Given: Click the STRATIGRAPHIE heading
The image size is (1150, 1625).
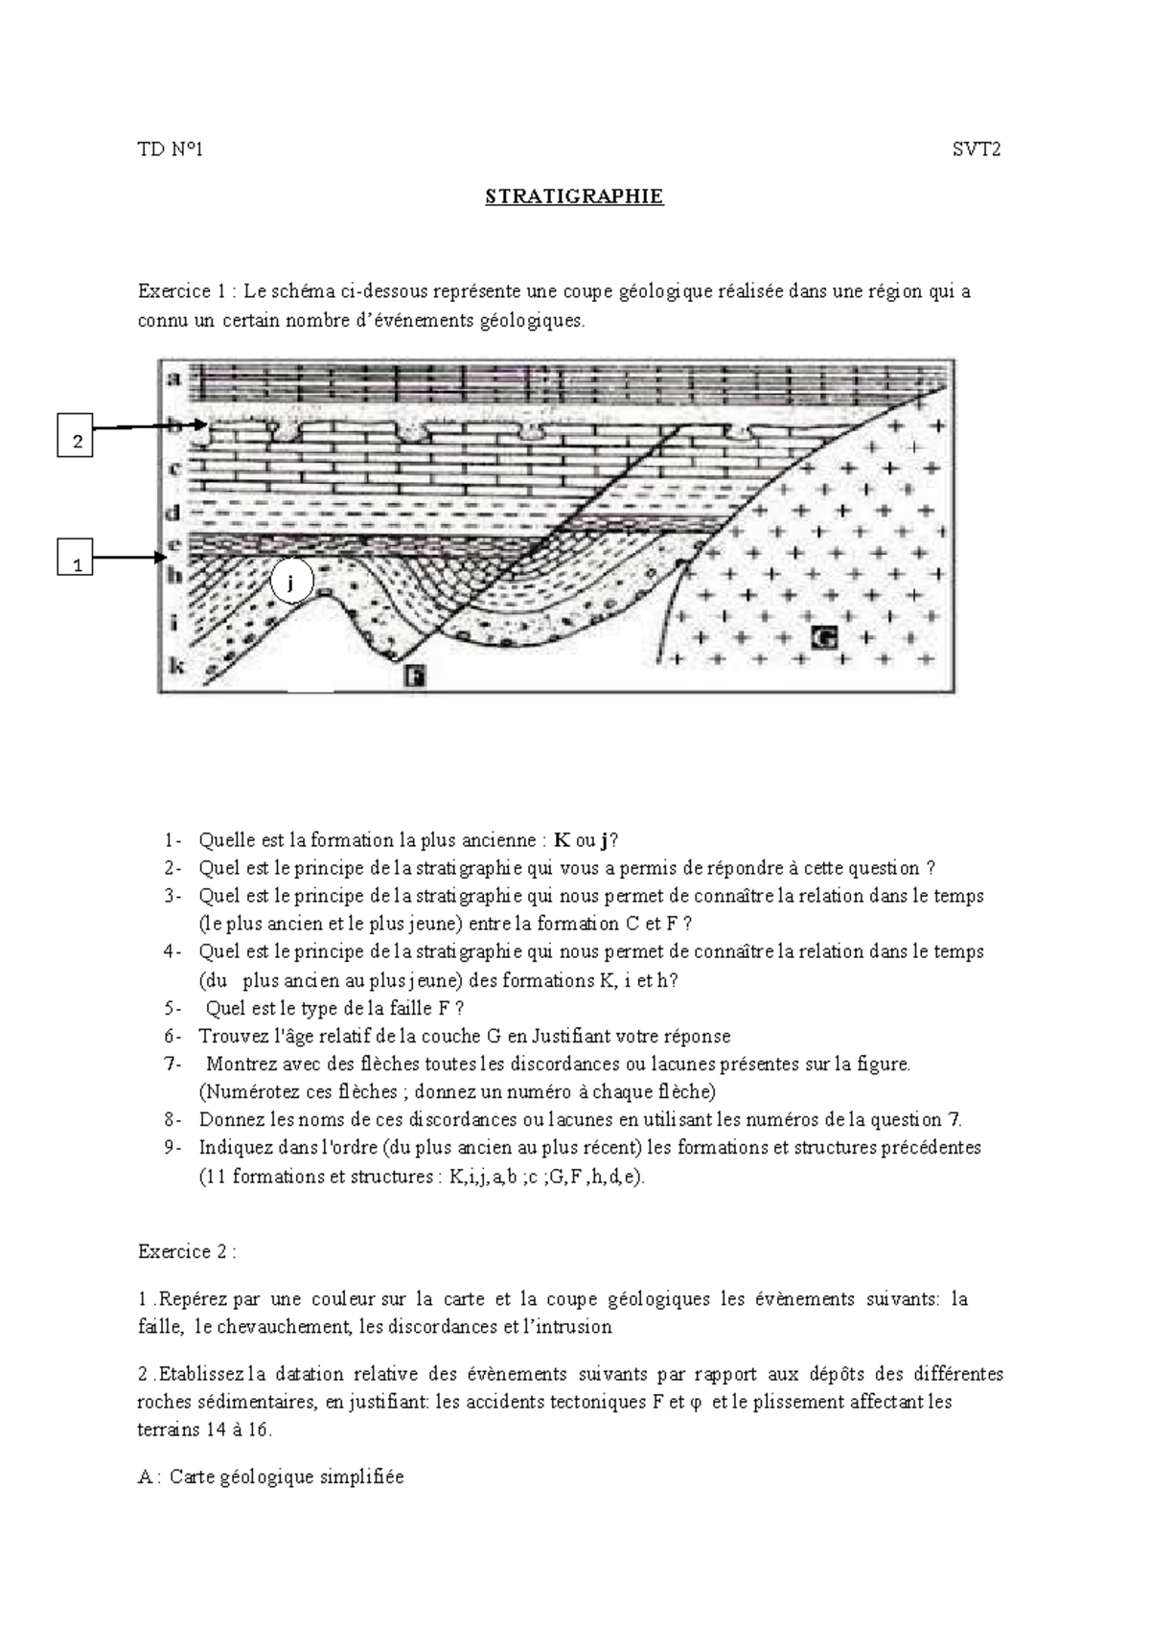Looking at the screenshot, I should pyautogui.click(x=574, y=197).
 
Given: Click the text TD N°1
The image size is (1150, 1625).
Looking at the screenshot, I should pyautogui.click(x=171, y=149).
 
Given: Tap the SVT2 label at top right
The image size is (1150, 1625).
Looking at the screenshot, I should pyautogui.click(x=976, y=149).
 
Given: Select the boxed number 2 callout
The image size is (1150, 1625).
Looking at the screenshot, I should pyautogui.click(x=77, y=442).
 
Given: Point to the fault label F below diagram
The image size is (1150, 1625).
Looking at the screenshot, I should pyautogui.click(x=414, y=676).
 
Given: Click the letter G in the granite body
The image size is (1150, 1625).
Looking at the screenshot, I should pyautogui.click(x=824, y=635).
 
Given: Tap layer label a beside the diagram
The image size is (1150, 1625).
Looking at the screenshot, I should pyautogui.click(x=173, y=378).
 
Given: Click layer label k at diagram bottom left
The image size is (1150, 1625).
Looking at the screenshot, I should pyautogui.click(x=175, y=665).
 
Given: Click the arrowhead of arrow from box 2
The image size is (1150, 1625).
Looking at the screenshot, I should pyautogui.click(x=200, y=428).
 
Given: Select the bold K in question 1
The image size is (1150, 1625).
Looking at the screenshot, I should pyautogui.click(x=563, y=840).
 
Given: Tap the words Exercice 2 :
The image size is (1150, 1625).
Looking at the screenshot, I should pyautogui.click(x=187, y=1251).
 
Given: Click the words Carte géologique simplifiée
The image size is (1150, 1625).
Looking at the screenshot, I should pyautogui.click(x=287, y=1476).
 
